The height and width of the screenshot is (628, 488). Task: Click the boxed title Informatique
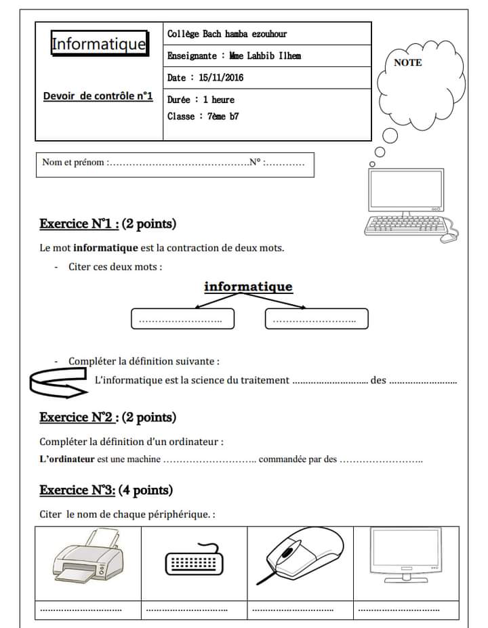click(x=99, y=44)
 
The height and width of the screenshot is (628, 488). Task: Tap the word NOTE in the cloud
click(x=407, y=63)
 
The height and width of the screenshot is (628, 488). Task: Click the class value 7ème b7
click(x=223, y=117)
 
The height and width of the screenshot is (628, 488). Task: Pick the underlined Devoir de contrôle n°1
click(x=98, y=96)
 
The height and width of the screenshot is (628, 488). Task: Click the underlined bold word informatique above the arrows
click(x=248, y=287)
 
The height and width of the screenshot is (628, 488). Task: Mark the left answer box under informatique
click(x=182, y=318)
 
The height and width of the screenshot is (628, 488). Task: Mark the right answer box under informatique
click(x=317, y=318)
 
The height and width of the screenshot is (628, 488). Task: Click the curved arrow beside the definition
click(x=60, y=383)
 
